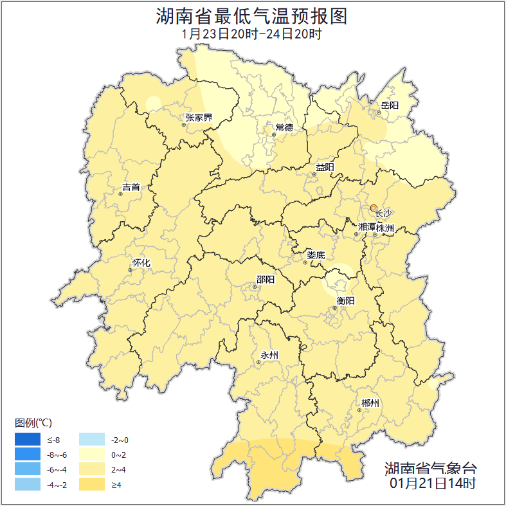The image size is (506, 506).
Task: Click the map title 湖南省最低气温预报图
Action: pyautogui.click(x=252, y=16)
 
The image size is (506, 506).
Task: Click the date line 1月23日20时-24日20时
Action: pyautogui.click(x=252, y=34)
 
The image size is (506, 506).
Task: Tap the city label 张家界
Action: pyautogui.click(x=199, y=118)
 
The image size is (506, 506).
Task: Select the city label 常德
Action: pyautogui.click(x=284, y=127)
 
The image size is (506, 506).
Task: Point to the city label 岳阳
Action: pyautogui.click(x=390, y=105)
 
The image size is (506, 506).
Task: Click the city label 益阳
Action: pyautogui.click(x=325, y=167)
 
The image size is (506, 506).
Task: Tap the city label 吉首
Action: pyautogui.click(x=131, y=187)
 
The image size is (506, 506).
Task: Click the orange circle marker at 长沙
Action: pyautogui.click(x=374, y=208)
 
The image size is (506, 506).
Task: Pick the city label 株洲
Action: pyautogui.click(x=385, y=228)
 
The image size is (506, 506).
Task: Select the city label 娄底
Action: pyautogui.click(x=316, y=255)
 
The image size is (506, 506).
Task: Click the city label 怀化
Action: pyautogui.click(x=141, y=262)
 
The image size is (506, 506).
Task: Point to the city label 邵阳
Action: pyautogui.click(x=265, y=279)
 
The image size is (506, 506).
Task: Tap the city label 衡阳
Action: pyautogui.click(x=345, y=300)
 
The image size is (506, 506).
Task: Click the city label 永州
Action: pyautogui.click(x=269, y=355)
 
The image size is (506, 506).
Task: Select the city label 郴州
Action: pyautogui.click(x=370, y=403)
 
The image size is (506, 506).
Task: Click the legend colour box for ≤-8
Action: pyautogui.click(x=28, y=440)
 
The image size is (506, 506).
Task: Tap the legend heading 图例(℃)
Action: pyautogui.click(x=33, y=422)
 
